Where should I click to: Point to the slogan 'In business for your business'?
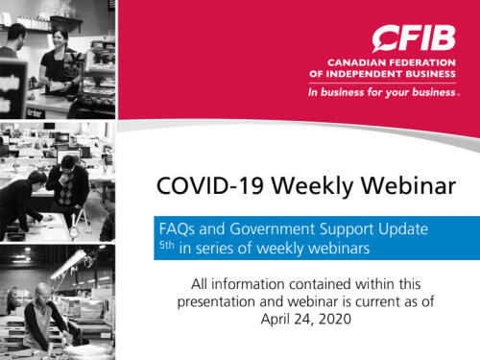click(382, 93)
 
